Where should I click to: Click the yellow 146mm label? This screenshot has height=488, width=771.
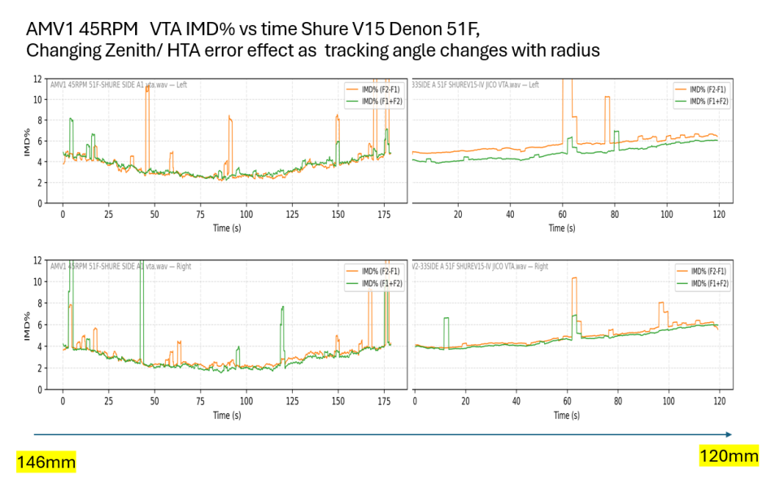pyautogui.click(x=46, y=463)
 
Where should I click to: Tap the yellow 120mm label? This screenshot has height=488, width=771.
pyautogui.click(x=729, y=455)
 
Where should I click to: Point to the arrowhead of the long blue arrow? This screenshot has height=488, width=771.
pyautogui.click(x=729, y=434)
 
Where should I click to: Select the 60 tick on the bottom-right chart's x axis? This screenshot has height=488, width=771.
pyautogui.click(x=567, y=400)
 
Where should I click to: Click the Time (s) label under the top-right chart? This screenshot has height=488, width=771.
pyautogui.click(x=562, y=228)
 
